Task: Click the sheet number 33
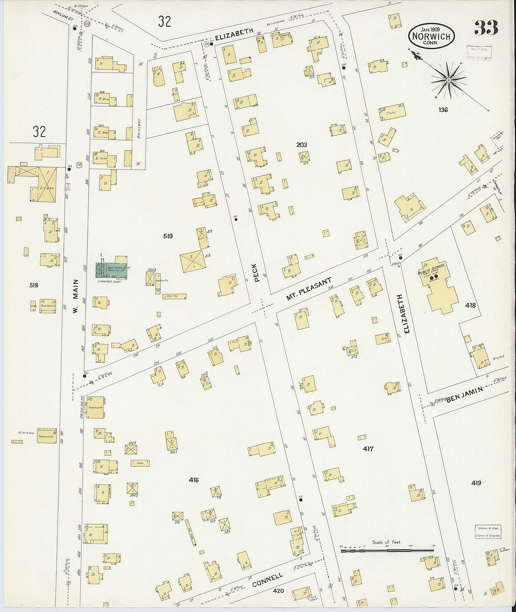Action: (486, 29)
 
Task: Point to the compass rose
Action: (449, 80)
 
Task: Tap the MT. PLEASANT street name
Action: (309, 289)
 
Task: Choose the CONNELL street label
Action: (267, 580)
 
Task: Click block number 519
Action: (167, 236)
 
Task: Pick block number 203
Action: (302, 145)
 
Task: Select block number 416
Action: (194, 480)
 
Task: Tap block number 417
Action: (368, 449)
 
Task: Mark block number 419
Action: (476, 483)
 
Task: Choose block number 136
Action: (443, 110)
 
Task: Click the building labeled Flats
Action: (392, 113)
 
